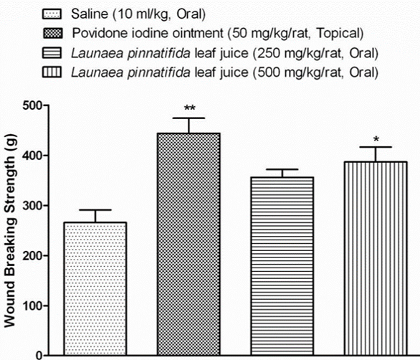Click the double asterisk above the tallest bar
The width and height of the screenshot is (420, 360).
coord(189,109)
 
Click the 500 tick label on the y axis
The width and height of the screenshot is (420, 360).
coord(30,105)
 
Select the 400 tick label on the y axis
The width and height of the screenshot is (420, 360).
coord(30,156)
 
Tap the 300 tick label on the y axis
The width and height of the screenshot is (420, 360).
coord(30,206)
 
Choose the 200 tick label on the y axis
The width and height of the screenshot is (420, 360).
coord(30,256)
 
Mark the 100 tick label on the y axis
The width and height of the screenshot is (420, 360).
coord(30,306)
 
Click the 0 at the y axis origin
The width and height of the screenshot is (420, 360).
coord(38,354)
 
